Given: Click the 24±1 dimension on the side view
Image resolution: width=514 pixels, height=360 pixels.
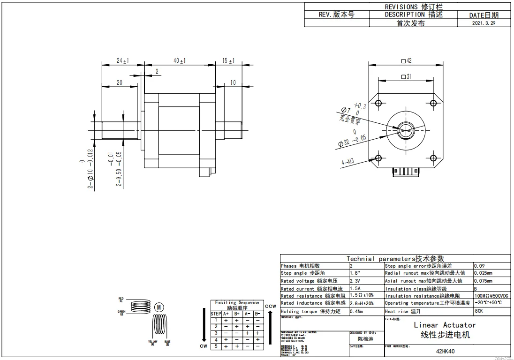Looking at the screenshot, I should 123,60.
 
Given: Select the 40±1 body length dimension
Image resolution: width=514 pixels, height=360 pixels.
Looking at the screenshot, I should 180,60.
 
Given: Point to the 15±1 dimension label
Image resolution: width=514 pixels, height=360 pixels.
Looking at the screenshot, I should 228,60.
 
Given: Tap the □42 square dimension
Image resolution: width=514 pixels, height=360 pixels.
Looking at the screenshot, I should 406,60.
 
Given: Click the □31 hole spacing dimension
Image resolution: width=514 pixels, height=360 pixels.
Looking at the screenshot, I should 406,77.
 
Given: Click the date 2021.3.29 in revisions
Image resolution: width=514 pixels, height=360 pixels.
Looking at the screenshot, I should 484,22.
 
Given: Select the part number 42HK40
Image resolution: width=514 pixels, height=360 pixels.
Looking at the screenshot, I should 445,351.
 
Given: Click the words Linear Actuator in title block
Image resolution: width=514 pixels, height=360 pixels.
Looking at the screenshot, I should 445,325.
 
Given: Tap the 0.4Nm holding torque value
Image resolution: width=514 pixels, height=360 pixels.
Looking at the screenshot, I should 356,311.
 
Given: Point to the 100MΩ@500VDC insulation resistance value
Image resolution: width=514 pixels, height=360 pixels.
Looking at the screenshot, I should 491,296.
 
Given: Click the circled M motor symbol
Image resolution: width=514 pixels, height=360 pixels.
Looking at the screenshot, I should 159,307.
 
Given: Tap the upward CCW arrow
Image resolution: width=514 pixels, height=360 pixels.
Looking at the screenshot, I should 270,328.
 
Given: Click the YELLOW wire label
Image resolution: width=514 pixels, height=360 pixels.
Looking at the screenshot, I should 153,342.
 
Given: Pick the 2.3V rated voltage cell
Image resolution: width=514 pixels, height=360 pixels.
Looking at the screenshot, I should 355,280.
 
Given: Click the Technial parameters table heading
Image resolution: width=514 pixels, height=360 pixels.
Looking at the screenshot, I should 395,258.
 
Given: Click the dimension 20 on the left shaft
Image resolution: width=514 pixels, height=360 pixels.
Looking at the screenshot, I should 119,82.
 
